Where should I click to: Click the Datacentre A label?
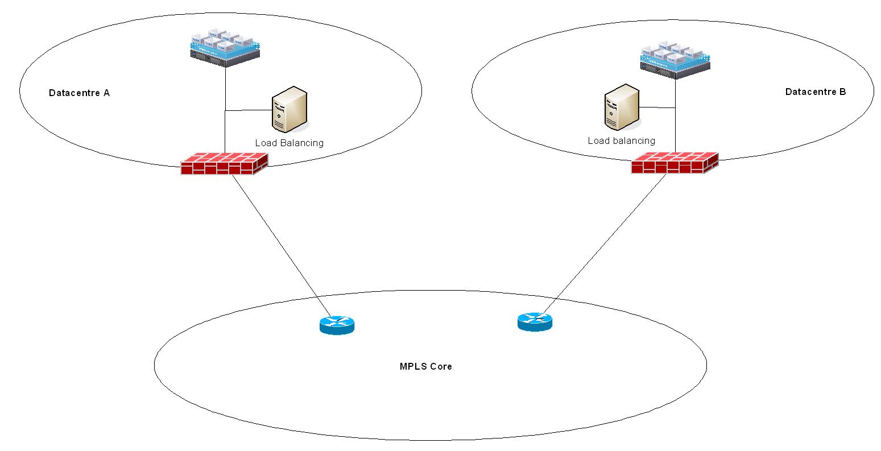[79, 93]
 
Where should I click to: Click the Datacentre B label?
[815, 92]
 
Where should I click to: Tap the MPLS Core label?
[425, 367]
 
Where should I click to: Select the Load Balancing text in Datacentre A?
[289, 143]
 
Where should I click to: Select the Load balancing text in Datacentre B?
[621, 140]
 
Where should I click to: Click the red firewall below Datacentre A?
[224, 164]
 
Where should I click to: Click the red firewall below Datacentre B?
[674, 163]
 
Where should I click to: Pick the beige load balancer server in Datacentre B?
[621, 107]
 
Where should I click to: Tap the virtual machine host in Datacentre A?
[225, 47]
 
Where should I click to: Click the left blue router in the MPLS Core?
[337, 325]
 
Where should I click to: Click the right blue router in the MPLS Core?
[535, 321]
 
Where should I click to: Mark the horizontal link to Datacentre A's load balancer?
[248, 110]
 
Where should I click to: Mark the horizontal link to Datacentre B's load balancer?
[657, 107]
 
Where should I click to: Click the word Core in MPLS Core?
[441, 367]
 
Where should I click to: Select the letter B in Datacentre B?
[842, 92]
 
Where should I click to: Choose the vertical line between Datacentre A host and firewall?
[225, 131]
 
